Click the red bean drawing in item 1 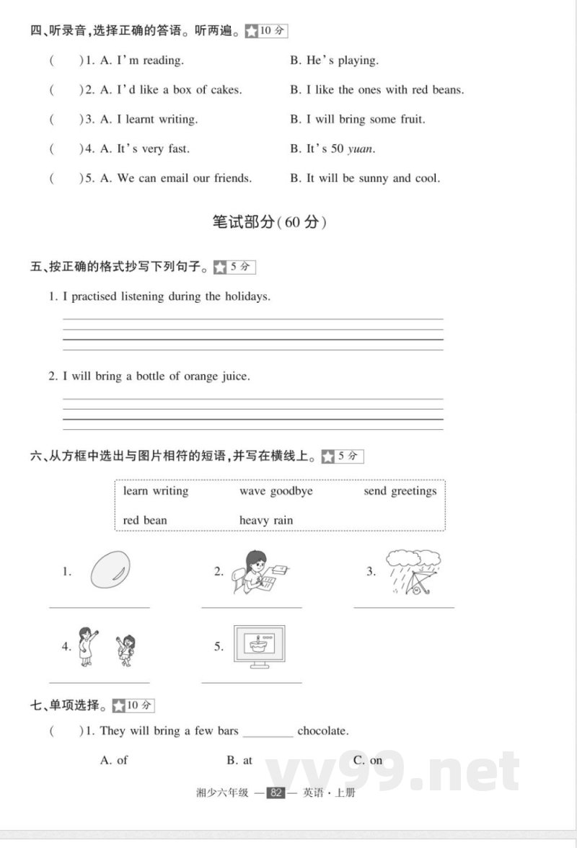click(x=110, y=570)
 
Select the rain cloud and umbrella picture click(x=413, y=572)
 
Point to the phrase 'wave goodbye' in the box click(x=276, y=491)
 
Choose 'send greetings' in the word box click(x=400, y=491)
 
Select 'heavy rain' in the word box click(x=266, y=520)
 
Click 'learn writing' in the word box click(x=155, y=491)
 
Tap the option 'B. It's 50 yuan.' click(x=332, y=149)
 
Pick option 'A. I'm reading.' click(x=141, y=61)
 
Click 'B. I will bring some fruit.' click(x=357, y=119)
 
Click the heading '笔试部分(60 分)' click(x=270, y=222)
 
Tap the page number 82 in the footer click(x=276, y=792)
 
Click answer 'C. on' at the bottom click(x=368, y=760)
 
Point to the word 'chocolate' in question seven click(x=322, y=730)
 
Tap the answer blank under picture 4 click(x=100, y=680)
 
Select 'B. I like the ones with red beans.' click(x=376, y=90)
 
